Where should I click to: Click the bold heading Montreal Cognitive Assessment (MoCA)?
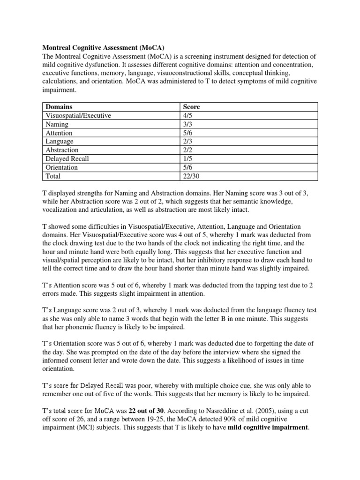tap(104, 47)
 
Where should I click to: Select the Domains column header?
tap(59, 107)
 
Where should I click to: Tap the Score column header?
tap(191, 107)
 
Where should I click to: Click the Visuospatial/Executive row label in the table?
tap(79, 116)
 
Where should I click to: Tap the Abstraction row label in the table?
tap(62, 150)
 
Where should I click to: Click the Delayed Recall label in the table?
tap(67, 159)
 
